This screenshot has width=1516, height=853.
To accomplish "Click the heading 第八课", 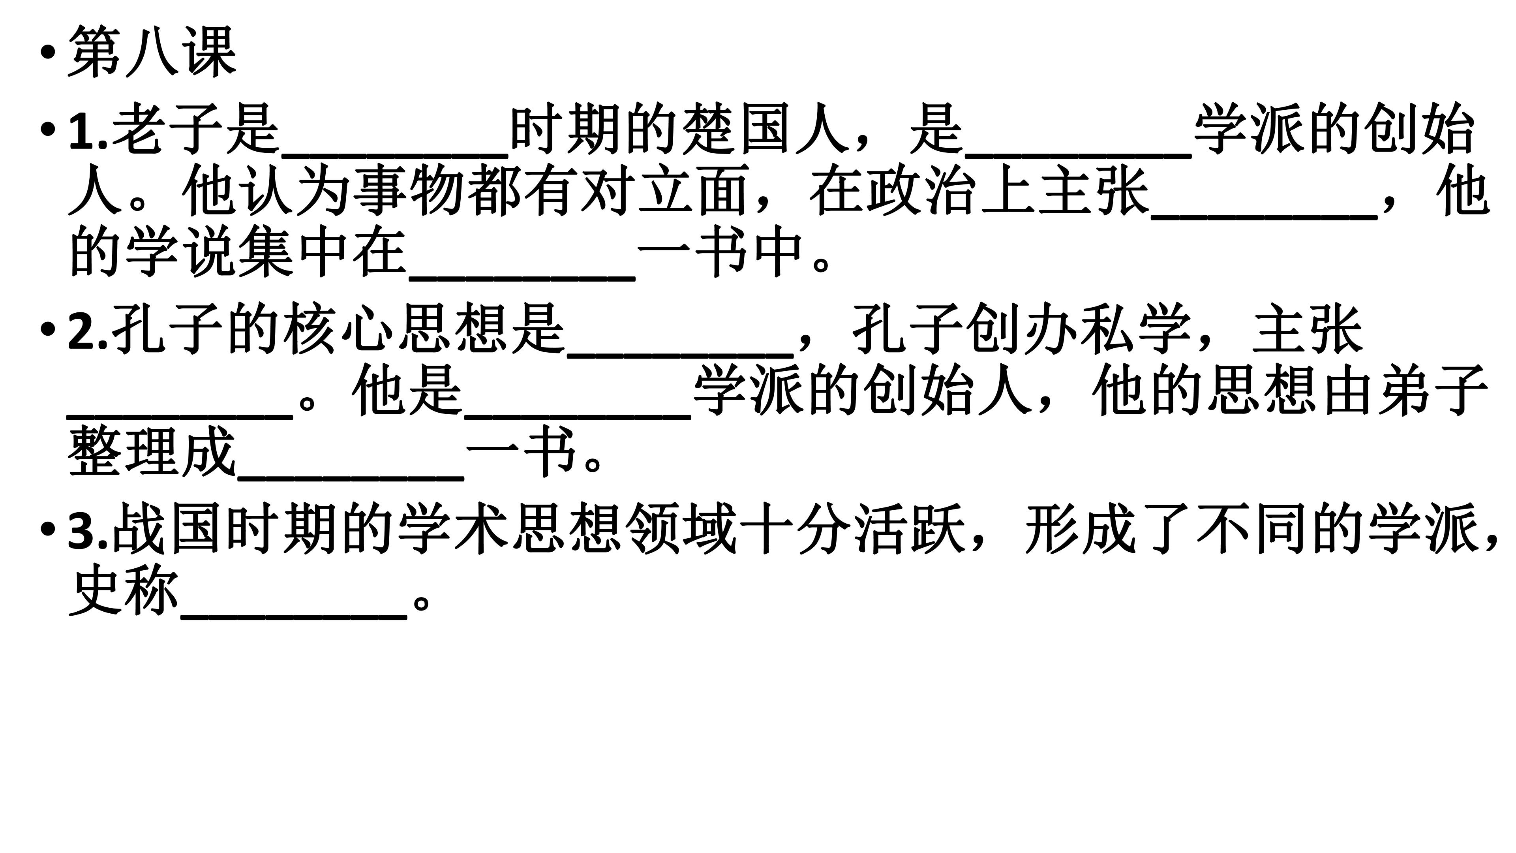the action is coord(152,52).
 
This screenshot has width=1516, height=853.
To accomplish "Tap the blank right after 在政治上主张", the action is coord(1264,217).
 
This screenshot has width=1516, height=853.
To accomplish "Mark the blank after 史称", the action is coord(294,616).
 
